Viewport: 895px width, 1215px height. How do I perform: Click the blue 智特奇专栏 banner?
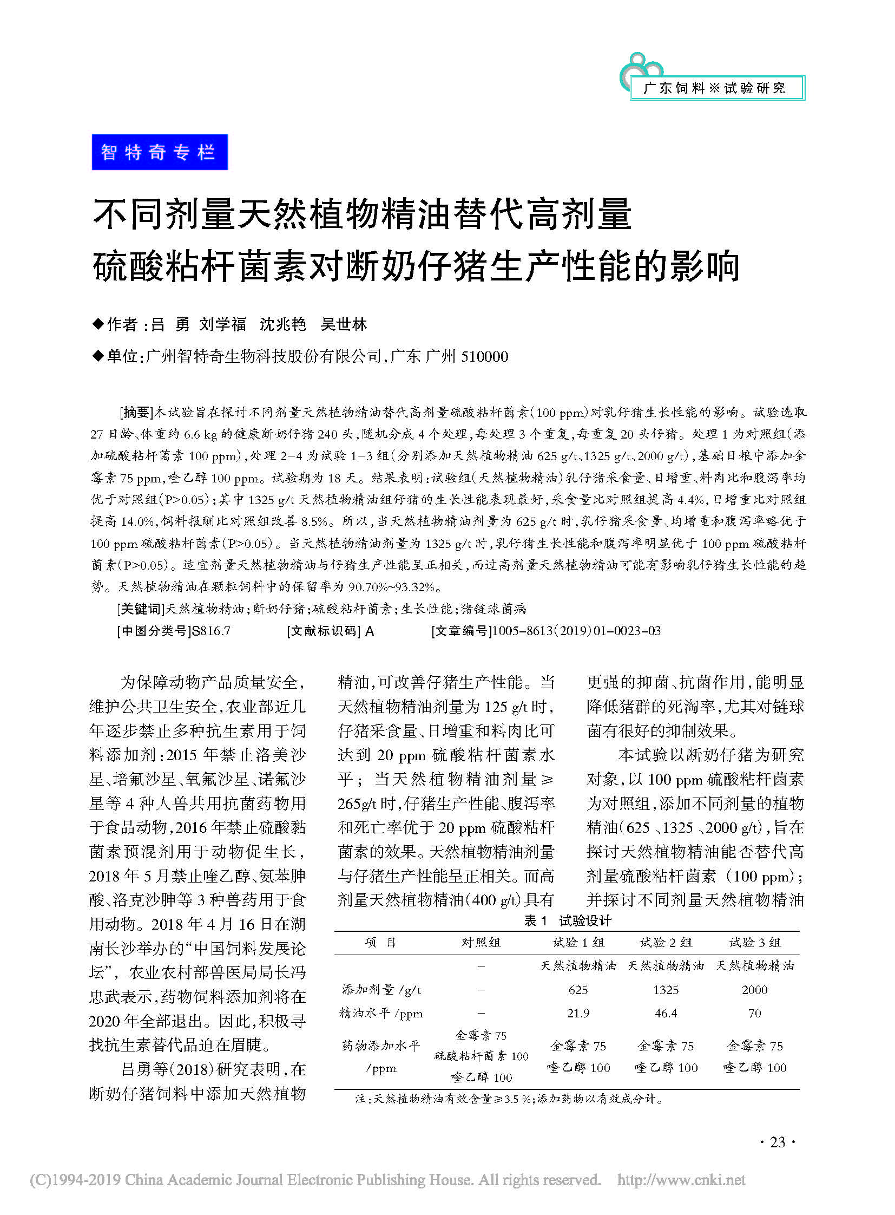[x=159, y=152]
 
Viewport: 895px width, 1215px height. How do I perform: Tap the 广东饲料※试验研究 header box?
[x=716, y=88]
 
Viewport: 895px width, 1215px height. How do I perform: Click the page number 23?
[x=778, y=1142]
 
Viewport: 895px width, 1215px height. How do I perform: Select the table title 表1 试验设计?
[x=567, y=920]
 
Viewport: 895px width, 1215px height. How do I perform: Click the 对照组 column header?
[x=481, y=942]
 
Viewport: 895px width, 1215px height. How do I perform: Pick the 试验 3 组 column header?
[x=755, y=942]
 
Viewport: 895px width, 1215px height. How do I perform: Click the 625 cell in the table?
[x=578, y=989]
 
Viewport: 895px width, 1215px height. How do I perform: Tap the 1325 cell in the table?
[x=666, y=989]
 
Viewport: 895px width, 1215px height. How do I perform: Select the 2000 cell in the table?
[x=755, y=989]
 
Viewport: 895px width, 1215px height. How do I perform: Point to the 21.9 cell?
[x=578, y=1013]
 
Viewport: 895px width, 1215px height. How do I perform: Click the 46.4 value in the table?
[x=666, y=1013]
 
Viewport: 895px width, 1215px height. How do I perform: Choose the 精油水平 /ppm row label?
[x=381, y=1013]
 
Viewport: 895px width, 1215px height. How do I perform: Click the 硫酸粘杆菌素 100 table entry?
[x=481, y=1056]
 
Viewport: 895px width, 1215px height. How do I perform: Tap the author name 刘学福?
[x=222, y=324]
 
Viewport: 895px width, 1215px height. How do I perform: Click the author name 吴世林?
[x=344, y=324]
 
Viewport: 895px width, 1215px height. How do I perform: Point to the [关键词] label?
[x=140, y=609]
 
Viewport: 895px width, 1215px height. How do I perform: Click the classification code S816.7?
[x=211, y=631]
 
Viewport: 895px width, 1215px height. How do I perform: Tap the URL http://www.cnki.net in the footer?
[x=681, y=1180]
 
